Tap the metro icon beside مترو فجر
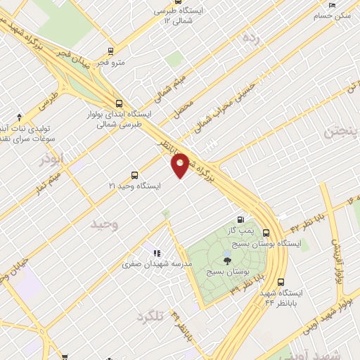click(x=110, y=51)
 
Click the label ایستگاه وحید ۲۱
click(x=135, y=186)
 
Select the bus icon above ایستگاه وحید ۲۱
click(x=134, y=175)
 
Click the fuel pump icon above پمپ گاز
click(x=243, y=219)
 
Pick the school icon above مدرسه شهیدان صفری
click(x=155, y=252)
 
